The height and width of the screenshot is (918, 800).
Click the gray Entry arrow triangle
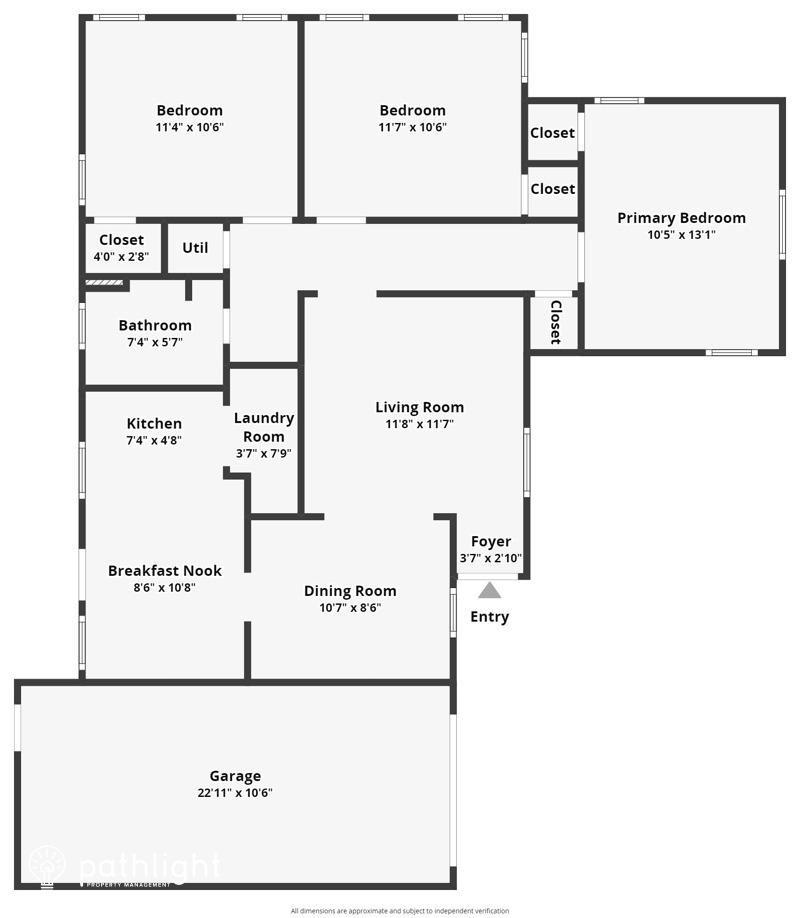click(x=489, y=590)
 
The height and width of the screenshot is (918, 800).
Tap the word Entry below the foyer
click(x=489, y=617)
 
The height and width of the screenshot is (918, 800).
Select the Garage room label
click(x=235, y=776)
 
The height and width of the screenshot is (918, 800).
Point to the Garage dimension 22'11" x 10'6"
click(x=235, y=793)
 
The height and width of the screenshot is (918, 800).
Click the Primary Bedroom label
click(x=681, y=218)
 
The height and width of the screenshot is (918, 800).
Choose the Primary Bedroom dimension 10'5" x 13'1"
click(x=681, y=235)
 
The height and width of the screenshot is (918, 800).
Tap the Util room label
click(x=195, y=247)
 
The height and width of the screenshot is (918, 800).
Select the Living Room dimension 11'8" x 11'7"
click(x=420, y=424)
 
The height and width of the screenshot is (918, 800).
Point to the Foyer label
click(x=491, y=542)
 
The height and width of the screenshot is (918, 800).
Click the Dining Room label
click(x=350, y=591)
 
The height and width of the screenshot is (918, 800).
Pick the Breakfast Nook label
click(x=165, y=571)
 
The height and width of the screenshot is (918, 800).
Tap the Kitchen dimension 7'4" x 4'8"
click(x=154, y=440)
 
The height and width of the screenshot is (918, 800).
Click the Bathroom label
click(x=154, y=325)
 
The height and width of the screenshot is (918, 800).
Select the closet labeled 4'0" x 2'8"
click(x=121, y=257)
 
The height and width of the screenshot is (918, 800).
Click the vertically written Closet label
click(x=556, y=322)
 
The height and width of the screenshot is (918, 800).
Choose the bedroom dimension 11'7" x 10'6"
click(x=412, y=127)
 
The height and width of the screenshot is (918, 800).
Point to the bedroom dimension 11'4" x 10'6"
click(x=189, y=127)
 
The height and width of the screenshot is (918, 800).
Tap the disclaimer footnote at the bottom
click(x=400, y=911)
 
